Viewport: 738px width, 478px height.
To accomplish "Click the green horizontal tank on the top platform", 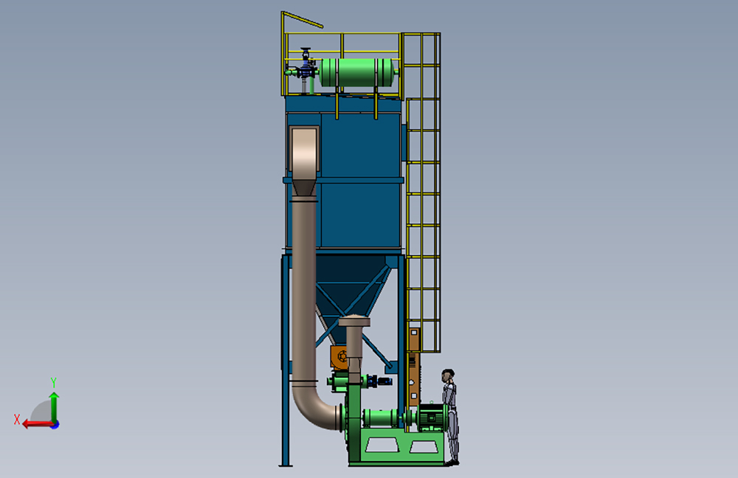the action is click(x=357, y=72).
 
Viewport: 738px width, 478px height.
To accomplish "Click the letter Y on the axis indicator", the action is click(x=54, y=382).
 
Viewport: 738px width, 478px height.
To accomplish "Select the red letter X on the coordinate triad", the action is click(x=17, y=420).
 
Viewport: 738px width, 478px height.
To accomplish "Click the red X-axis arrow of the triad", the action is click(x=38, y=424).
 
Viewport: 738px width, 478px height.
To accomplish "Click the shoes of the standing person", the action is click(x=452, y=463).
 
